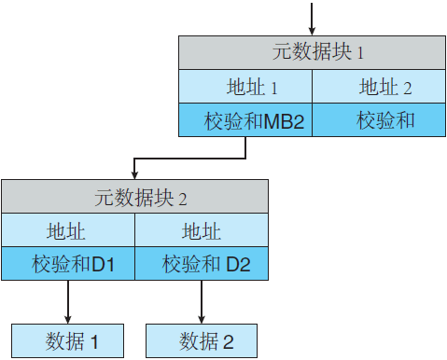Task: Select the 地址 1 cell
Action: [245, 88]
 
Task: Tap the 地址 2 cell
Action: [378, 88]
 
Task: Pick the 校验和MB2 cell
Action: [245, 120]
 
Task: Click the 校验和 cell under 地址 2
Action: [378, 120]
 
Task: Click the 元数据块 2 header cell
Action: [134, 197]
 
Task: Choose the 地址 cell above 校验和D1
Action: [68, 231]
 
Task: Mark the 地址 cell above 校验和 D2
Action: [202, 231]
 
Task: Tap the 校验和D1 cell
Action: [68, 264]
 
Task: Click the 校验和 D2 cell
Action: [202, 264]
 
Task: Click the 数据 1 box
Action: [68, 340]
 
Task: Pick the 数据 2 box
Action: [202, 340]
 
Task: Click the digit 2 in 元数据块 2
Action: [183, 199]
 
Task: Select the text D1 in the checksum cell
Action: [102, 264]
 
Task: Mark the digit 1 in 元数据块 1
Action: [360, 54]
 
